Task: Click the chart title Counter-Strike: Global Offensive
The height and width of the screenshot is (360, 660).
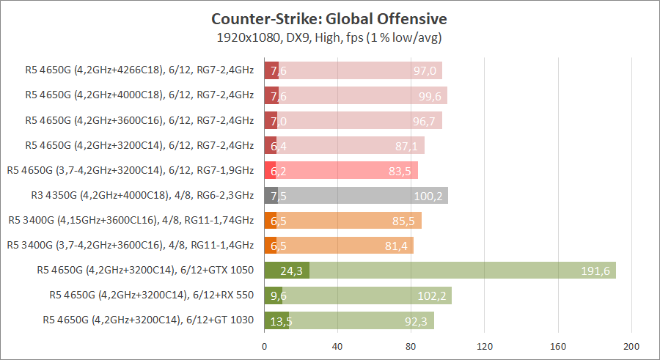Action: [x=329, y=18]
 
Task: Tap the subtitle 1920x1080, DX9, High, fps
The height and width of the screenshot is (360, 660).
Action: [x=329, y=37]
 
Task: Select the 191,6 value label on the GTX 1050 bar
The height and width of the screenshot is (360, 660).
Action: [x=595, y=271]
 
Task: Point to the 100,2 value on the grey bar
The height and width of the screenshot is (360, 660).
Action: [x=428, y=196]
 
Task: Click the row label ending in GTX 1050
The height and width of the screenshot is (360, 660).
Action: [x=144, y=270]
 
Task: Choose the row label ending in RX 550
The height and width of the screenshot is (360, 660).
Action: [x=151, y=295]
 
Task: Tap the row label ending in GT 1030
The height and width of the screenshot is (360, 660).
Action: [x=147, y=320]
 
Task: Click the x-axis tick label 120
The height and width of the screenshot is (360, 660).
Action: [x=484, y=346]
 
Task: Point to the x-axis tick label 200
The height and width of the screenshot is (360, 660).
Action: [x=631, y=346]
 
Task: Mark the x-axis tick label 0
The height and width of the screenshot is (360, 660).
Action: [x=264, y=346]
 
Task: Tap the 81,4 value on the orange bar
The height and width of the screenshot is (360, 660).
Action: [x=396, y=246]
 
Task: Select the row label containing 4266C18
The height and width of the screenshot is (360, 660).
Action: [x=139, y=70]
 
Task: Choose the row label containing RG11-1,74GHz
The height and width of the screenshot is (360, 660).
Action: [x=131, y=220]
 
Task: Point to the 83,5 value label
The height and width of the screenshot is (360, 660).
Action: [x=400, y=171]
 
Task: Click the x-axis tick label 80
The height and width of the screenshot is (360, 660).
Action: [x=411, y=346]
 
